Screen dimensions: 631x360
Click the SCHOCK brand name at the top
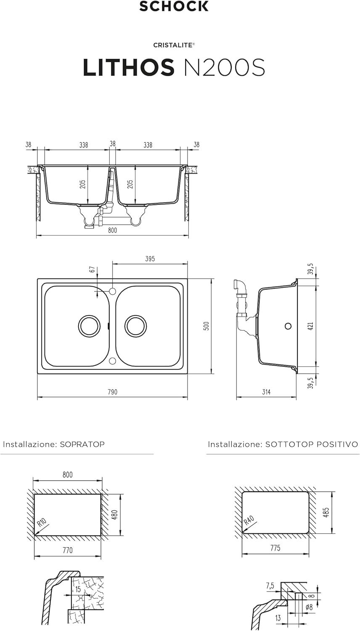[174, 6]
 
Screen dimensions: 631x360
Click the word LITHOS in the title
[129, 67]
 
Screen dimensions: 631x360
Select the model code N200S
[225, 67]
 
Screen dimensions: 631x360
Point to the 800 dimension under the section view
[112, 230]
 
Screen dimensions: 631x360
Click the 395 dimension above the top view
[150, 259]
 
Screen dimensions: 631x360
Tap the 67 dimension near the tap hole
[93, 269]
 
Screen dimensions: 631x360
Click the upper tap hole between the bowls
[113, 291]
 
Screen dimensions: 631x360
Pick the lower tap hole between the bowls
[113, 361]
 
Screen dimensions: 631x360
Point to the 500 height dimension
[206, 326]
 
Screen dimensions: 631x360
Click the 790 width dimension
[112, 392]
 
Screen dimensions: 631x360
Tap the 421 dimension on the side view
[311, 326]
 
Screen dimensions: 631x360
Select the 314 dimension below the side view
[266, 392]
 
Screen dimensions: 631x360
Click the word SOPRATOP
[82, 444]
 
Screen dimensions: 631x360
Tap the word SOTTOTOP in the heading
[284, 444]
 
